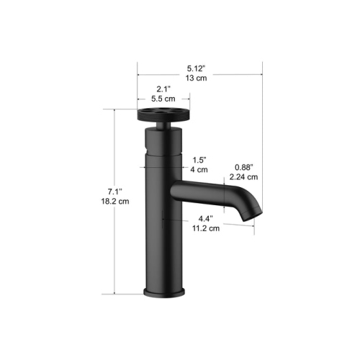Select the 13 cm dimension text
199,78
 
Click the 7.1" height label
114,192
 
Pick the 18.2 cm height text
114,202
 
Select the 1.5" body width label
199,159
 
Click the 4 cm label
199,170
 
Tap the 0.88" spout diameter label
243,166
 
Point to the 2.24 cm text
243,176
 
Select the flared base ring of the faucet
165,292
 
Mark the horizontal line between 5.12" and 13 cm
199,71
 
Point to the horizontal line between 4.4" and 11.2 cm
209,223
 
